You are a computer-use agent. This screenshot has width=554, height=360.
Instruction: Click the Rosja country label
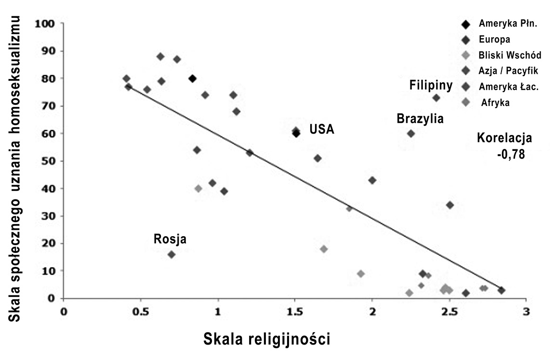click(170, 239)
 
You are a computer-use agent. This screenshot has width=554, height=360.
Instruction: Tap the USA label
click(322, 129)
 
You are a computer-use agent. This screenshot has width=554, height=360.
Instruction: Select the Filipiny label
click(431, 86)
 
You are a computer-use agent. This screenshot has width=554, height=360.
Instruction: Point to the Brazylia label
click(420, 119)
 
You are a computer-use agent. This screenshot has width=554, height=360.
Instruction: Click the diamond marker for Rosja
click(171, 254)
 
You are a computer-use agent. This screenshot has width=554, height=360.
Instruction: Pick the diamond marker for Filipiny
click(436, 98)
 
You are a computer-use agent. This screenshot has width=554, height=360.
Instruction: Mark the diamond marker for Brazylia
click(410, 133)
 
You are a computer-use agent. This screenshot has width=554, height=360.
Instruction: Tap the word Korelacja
click(504, 138)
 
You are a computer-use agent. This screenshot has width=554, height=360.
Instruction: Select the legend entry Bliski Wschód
click(509, 54)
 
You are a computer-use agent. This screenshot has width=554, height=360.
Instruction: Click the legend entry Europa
click(495, 39)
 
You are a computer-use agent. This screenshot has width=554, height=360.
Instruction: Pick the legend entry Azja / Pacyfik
click(508, 70)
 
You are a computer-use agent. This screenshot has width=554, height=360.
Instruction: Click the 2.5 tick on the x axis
click(449, 311)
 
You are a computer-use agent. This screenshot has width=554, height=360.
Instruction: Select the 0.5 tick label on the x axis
click(140, 311)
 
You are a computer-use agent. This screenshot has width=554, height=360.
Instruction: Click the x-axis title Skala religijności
click(267, 339)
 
